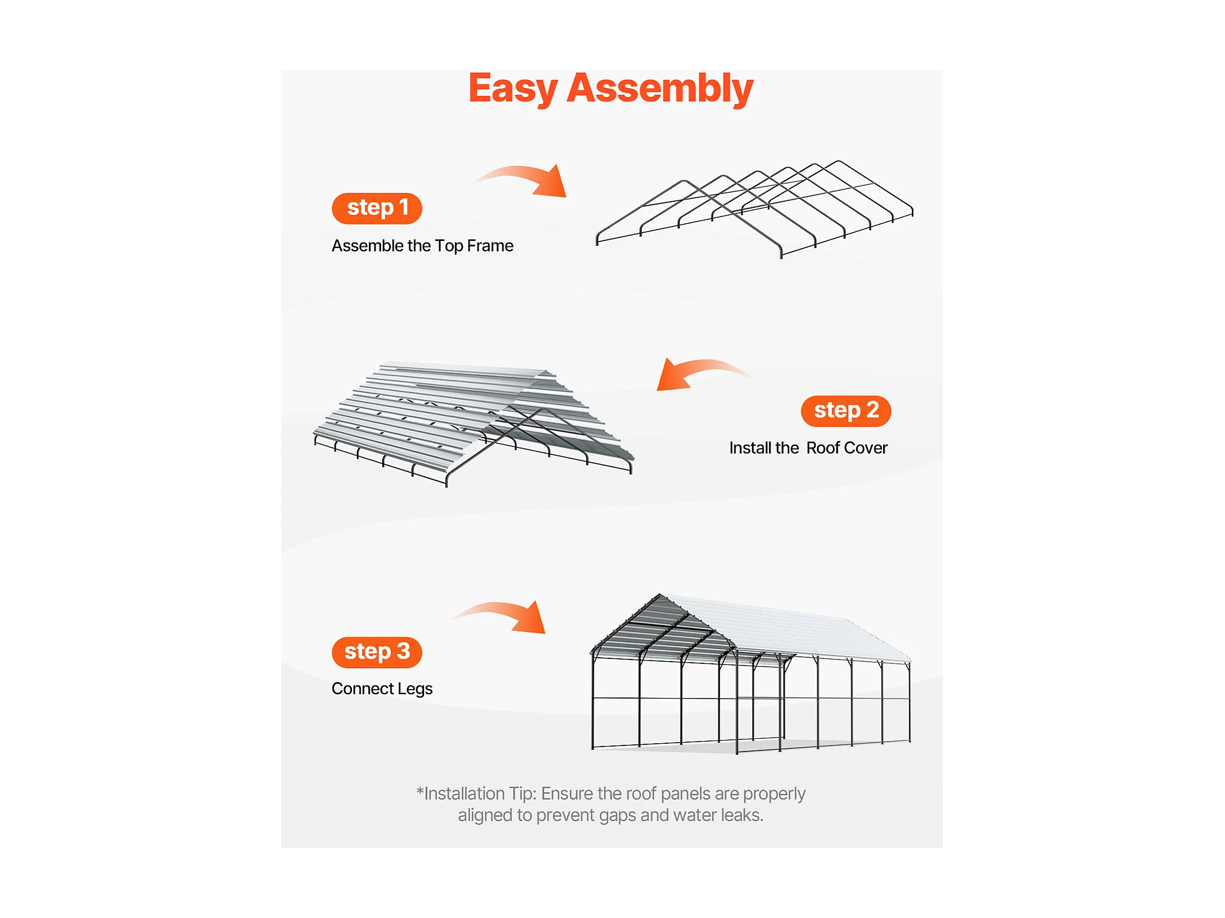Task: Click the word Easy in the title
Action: [512, 89]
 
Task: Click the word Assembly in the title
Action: [660, 89]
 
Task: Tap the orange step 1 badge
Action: [377, 208]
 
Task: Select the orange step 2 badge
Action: [846, 411]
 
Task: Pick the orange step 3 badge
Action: [377, 652]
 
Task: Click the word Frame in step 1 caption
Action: [490, 245]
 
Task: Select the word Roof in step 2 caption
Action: [823, 448]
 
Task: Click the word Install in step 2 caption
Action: [747, 448]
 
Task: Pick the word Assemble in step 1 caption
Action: [367, 245]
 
